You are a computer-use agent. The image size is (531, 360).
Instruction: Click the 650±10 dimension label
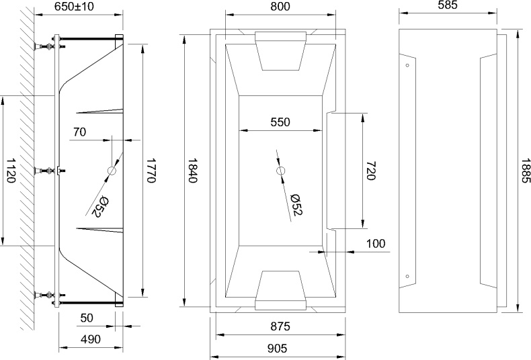point(79,6)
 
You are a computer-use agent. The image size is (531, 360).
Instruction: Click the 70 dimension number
point(79,132)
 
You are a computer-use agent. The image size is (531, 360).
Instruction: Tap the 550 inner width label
point(280,122)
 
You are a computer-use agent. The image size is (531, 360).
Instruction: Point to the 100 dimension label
point(376,243)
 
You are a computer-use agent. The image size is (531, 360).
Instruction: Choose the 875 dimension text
point(280,327)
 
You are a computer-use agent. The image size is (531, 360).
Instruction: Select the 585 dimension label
point(447,6)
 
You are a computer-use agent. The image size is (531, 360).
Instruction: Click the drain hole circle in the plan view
point(280,171)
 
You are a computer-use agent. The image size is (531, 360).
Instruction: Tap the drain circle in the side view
point(112,171)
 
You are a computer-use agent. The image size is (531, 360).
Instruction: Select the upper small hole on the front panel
point(408,66)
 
